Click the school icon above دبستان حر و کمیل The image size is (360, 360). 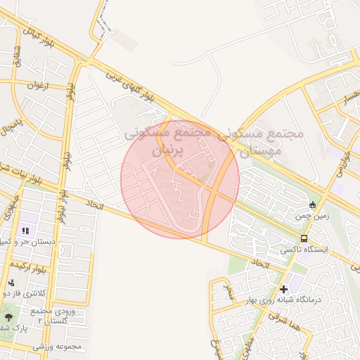pos(26,231)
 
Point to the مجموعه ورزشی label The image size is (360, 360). pos(63,346)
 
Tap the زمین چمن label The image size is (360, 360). pos(312,217)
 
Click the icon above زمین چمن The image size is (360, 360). pos(313,205)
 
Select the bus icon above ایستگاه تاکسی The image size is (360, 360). pos(304,238)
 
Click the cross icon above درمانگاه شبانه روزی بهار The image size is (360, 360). pos(283,289)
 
